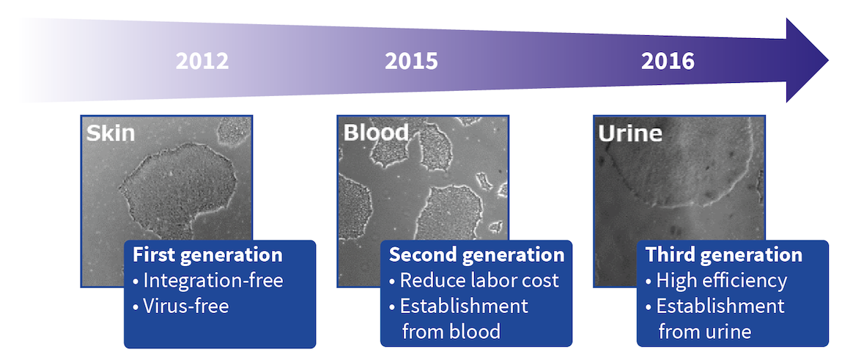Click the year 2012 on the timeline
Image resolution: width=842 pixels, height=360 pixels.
point(202,61)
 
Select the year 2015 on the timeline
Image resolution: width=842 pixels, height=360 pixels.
point(411,61)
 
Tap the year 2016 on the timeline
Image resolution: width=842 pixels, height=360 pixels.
point(668,61)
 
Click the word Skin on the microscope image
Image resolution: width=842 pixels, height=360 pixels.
point(111,133)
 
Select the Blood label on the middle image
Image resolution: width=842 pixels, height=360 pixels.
point(376,133)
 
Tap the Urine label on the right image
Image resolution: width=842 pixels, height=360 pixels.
point(630,133)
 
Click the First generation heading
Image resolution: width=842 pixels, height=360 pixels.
point(207,255)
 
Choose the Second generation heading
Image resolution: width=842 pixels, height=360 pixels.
point(476,255)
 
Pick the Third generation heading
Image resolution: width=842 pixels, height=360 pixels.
point(723,255)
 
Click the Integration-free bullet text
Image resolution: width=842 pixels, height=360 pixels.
point(213,280)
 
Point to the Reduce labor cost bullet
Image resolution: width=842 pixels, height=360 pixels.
point(479,280)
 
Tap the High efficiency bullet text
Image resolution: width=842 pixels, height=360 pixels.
point(721,280)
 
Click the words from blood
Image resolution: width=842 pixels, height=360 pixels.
point(451,331)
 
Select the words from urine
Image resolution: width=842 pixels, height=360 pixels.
point(704,331)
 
